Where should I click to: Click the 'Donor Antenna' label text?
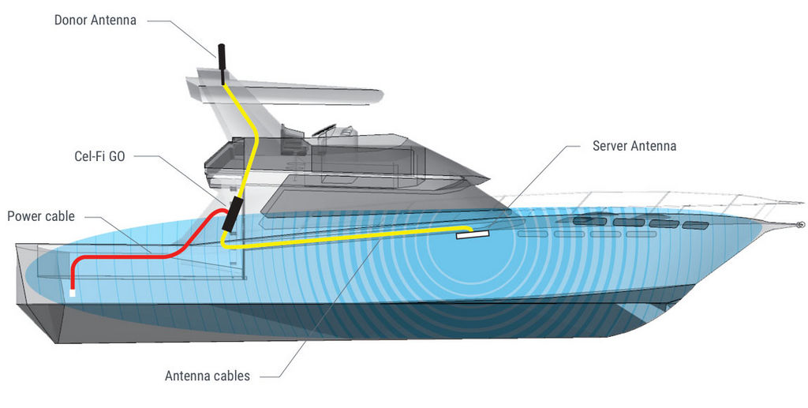click(x=95, y=20)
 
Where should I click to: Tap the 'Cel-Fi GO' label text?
click(x=99, y=156)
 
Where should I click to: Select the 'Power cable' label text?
click(x=41, y=216)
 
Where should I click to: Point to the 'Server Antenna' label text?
click(x=634, y=146)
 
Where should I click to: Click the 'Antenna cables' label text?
click(x=208, y=376)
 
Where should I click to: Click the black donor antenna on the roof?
click(x=222, y=64)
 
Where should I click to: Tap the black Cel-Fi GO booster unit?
click(x=231, y=213)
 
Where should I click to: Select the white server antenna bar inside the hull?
click(x=472, y=235)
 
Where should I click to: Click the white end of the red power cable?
click(x=73, y=293)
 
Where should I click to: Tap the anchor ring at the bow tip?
click(x=800, y=225)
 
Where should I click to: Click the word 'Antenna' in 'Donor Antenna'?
click(x=114, y=20)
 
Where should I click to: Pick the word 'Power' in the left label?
click(x=23, y=216)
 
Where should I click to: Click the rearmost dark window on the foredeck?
click(x=589, y=221)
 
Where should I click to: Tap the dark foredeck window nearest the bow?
click(x=695, y=225)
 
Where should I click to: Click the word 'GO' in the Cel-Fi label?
click(x=117, y=156)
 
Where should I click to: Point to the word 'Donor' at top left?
click(x=71, y=20)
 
